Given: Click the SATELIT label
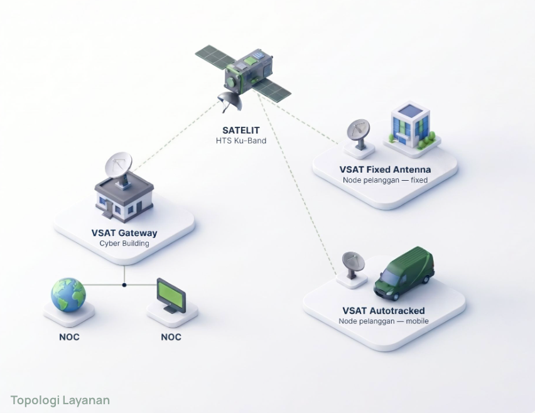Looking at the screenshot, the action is point(241,131).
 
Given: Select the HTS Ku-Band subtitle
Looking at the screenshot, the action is point(241,141).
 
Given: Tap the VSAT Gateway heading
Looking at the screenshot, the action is point(124,233).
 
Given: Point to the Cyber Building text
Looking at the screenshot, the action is point(124,243).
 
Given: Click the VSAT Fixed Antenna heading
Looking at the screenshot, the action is point(385,169).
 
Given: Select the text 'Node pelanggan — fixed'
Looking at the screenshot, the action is point(385,180).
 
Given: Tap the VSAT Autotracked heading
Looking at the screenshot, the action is point(384,311).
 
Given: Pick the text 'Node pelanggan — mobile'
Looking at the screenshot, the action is point(384,321).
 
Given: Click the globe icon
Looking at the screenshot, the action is point(68,295).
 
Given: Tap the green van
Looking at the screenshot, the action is point(404,274).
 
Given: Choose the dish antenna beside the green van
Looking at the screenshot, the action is point(353,264).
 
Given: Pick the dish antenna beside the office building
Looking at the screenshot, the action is point(359,133).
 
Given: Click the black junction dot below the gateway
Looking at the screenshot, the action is point(124,285).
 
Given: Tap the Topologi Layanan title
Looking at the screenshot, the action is point(60,400).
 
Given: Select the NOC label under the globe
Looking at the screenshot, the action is point(69,337).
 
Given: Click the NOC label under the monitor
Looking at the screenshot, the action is point(171,337).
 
